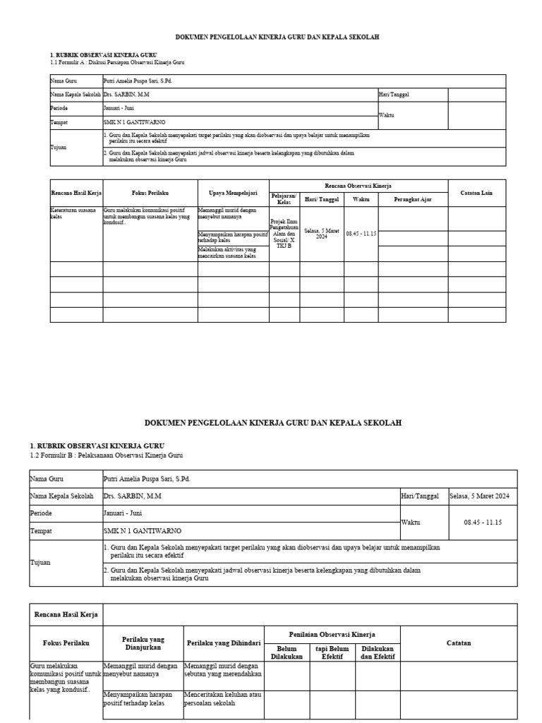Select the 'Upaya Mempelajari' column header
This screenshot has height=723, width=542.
tap(233, 193)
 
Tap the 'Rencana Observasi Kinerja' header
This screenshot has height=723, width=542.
tap(358, 185)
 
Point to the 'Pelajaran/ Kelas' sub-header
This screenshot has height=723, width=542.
tap(284, 199)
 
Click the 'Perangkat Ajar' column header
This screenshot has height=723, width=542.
tap(412, 200)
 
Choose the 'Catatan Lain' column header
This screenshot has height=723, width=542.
tap(476, 193)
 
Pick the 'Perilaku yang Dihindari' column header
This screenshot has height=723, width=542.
tap(224, 643)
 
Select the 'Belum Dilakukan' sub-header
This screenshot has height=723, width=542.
tap(287, 652)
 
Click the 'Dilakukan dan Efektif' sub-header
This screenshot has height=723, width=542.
tap(378, 652)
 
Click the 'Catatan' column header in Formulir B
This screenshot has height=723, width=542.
tap(459, 643)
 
